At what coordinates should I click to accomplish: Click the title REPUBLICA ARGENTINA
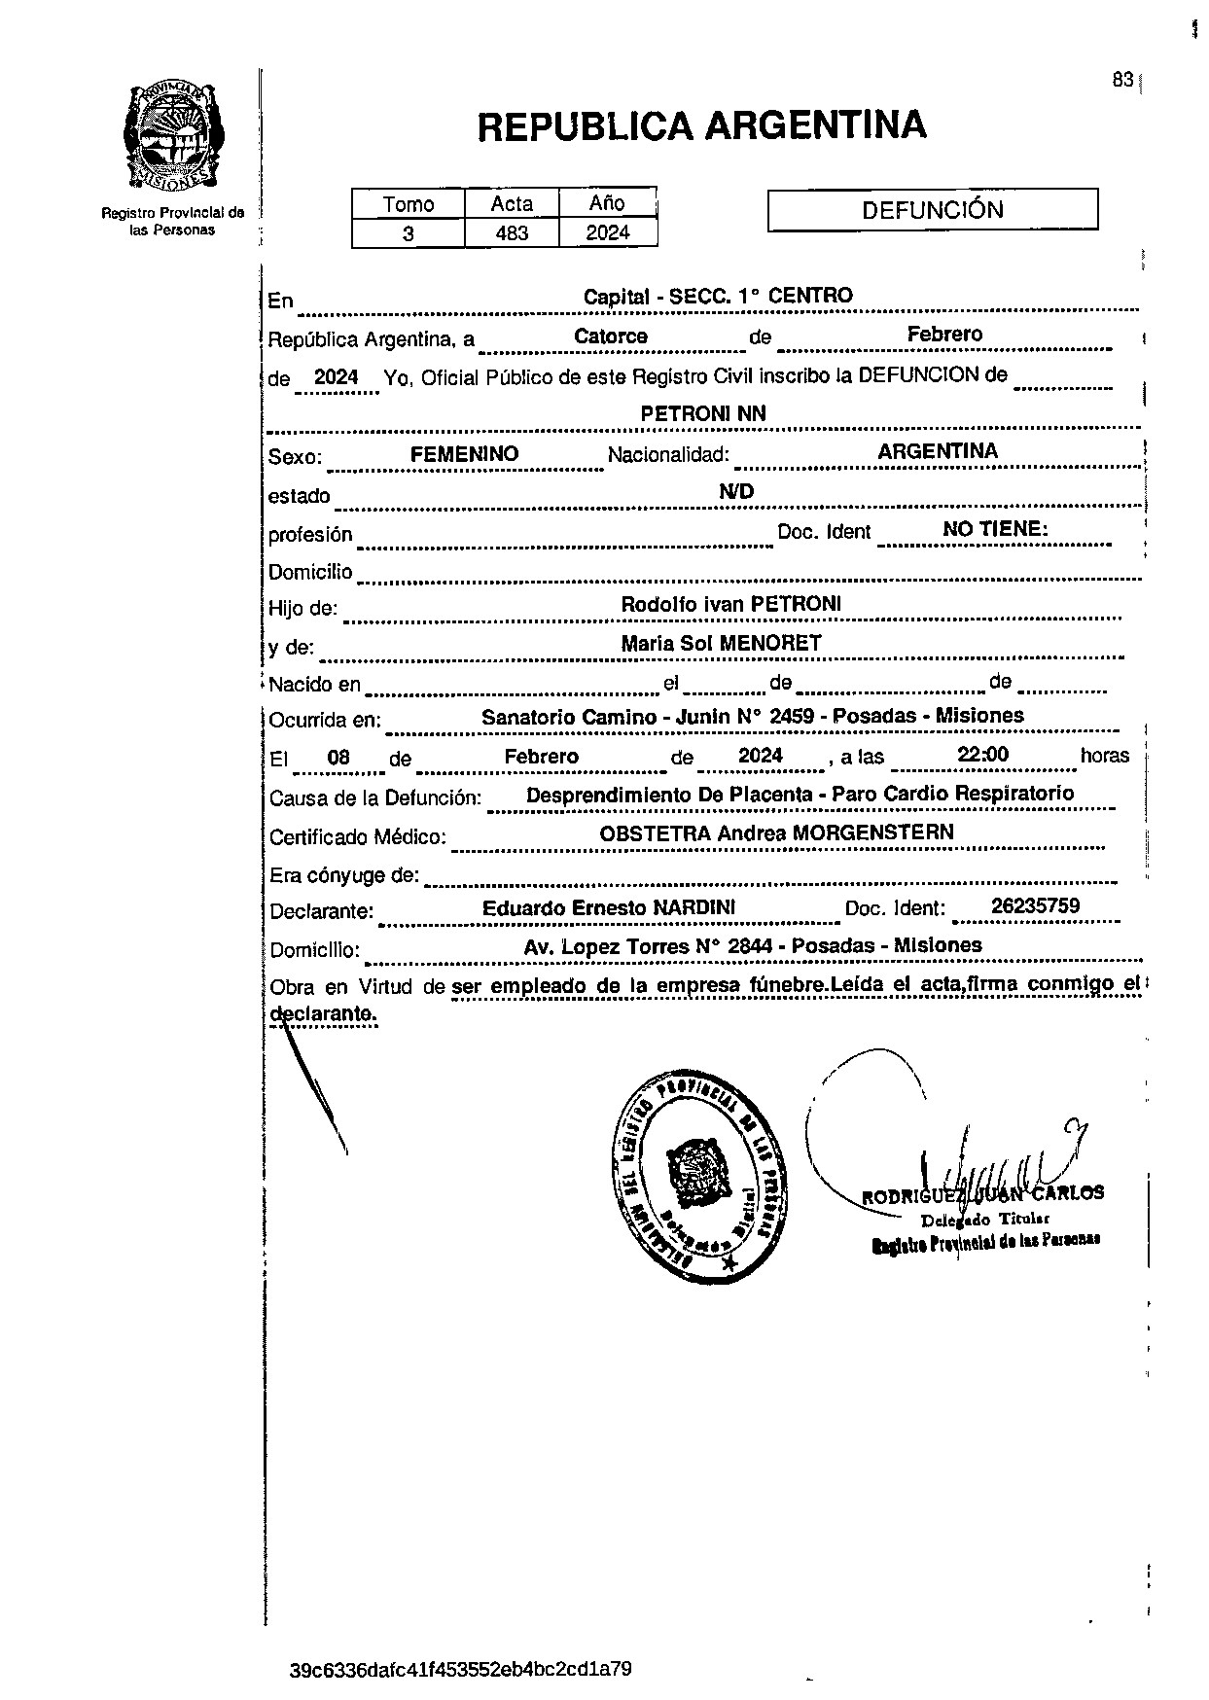click(701, 126)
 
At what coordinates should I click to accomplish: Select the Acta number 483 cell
click(512, 233)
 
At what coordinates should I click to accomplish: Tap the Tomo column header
click(409, 204)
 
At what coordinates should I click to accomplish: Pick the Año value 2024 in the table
click(608, 232)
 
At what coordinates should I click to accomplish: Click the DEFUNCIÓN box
click(933, 210)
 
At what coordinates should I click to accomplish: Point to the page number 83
click(1122, 80)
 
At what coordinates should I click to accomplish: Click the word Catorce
click(611, 336)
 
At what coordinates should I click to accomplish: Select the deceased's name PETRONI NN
click(703, 413)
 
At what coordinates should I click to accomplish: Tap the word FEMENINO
click(464, 454)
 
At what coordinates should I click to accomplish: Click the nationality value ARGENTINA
click(938, 451)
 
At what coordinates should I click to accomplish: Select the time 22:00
click(982, 755)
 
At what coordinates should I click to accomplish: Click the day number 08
click(338, 758)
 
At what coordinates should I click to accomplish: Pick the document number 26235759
click(1035, 906)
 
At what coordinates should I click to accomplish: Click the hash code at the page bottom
click(461, 1670)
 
